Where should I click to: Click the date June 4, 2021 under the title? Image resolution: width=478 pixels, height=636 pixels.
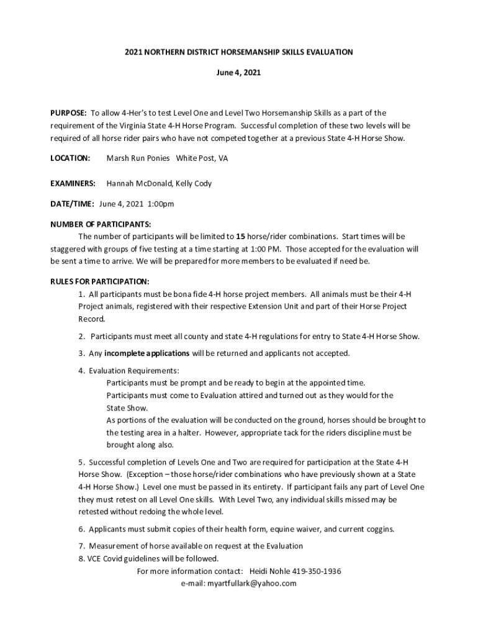coord(238,73)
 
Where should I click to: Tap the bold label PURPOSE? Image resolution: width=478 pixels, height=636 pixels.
coord(68,113)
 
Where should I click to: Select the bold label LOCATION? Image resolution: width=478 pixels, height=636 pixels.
coord(70,158)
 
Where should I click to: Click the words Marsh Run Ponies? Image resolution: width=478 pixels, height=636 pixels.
coord(138,158)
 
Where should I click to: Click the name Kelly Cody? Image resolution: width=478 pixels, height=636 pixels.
coord(194,184)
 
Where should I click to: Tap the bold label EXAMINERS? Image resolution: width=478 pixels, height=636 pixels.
coord(73,184)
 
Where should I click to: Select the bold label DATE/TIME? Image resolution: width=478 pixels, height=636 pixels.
coord(72,204)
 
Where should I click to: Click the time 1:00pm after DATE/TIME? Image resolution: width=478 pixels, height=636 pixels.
coord(160,204)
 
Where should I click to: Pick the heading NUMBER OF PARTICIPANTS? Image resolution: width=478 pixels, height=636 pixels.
coord(101,224)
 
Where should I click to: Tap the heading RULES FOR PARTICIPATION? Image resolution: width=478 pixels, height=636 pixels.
coord(99,281)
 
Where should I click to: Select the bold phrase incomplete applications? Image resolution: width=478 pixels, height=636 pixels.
coord(147,353)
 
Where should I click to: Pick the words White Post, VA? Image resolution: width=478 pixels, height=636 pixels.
coord(202,158)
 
